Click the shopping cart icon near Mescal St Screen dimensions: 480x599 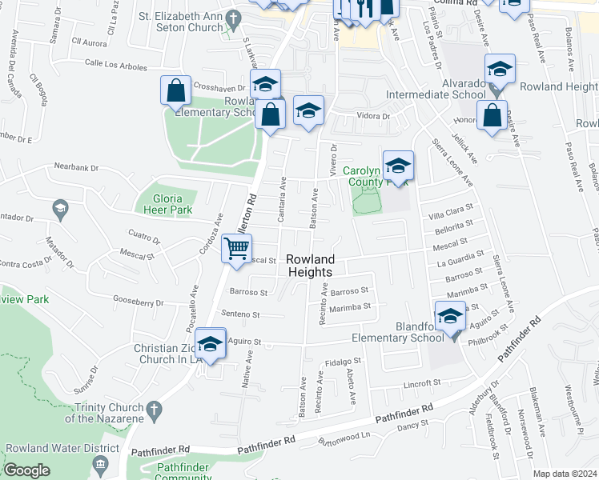pyautogui.click(x=236, y=249)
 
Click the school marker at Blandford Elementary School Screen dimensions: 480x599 pyautogui.click(x=451, y=317)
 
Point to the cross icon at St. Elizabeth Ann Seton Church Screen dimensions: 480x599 pyautogui.click(x=233, y=18)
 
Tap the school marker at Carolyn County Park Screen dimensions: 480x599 pyautogui.click(x=398, y=166)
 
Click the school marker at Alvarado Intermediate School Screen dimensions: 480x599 pyautogui.click(x=500, y=70)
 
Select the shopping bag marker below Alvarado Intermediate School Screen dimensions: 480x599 pyautogui.click(x=491, y=116)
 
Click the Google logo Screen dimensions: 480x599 pyautogui.click(x=26, y=470)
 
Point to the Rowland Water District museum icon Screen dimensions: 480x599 pyautogui.click(x=100, y=465)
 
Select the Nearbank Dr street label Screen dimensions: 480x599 pyautogui.click(x=76, y=168)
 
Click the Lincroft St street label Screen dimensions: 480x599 pyautogui.click(x=424, y=384)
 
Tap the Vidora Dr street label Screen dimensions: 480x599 pyautogui.click(x=374, y=117)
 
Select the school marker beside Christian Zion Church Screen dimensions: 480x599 pyautogui.click(x=210, y=345)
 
